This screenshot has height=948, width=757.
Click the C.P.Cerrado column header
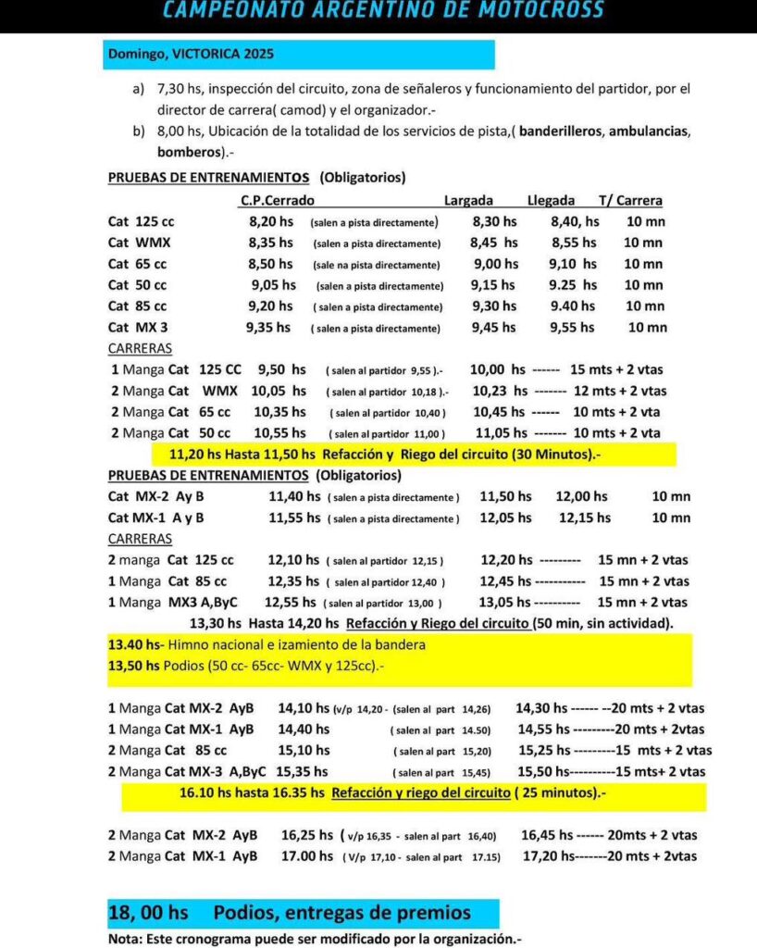click(277, 200)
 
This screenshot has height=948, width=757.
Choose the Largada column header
click(468, 200)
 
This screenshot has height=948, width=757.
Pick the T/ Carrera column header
click(630, 200)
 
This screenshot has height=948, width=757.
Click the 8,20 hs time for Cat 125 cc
click(271, 222)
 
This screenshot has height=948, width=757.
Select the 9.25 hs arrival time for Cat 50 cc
click(573, 285)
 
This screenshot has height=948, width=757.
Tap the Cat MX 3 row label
click(138, 327)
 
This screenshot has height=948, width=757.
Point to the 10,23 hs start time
click(500, 391)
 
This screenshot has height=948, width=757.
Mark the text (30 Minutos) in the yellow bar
click(539, 455)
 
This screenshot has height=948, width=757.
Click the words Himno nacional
click(212, 644)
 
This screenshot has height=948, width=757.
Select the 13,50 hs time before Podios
click(134, 666)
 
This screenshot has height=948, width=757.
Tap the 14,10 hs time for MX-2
click(302, 708)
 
